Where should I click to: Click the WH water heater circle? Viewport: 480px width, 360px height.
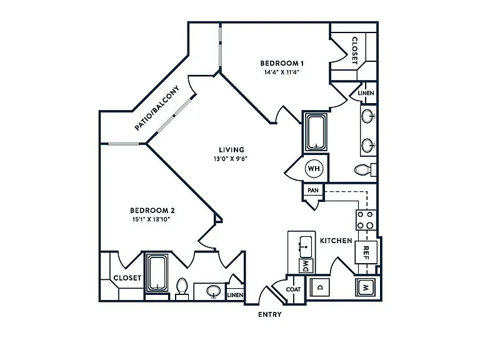314,168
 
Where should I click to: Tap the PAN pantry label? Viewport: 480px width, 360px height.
313,191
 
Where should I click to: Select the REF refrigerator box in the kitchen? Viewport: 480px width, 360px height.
366,252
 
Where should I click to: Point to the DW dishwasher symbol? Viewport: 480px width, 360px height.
306,266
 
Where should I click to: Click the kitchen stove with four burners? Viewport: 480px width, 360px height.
366,220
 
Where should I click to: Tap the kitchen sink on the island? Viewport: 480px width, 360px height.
306,247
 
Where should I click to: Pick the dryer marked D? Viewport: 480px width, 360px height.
319,287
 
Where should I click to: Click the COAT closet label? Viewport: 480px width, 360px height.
293,289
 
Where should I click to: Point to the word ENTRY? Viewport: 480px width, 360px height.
270,314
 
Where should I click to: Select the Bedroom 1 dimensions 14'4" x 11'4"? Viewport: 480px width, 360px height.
282,72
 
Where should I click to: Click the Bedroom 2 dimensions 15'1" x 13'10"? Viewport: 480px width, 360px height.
151,219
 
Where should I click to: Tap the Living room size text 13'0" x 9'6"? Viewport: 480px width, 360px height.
231,159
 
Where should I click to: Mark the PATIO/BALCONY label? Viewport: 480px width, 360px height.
157,108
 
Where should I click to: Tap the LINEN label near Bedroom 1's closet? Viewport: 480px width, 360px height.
366,93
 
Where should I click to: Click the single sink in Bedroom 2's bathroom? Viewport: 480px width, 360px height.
213,291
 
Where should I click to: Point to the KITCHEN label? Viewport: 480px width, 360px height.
336,241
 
